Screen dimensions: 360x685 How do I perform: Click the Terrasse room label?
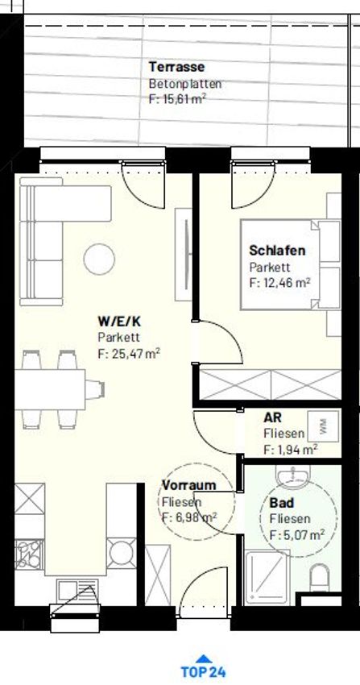176,67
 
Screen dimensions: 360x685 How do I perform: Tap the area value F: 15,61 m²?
178,99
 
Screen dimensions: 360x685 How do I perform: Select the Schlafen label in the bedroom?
277,251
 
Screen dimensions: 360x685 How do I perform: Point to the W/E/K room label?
119,322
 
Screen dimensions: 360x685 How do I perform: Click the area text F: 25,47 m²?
129,353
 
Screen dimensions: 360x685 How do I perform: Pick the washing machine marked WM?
323,426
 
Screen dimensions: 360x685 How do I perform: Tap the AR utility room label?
271,417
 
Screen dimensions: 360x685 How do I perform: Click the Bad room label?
281,502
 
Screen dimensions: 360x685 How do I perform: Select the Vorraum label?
189,485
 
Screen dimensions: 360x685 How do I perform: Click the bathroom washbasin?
293,475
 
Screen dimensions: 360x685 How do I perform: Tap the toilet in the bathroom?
320,578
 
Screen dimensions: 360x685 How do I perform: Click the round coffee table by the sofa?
100,259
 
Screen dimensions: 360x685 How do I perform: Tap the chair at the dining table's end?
95,389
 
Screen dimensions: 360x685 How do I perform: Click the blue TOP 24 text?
203,672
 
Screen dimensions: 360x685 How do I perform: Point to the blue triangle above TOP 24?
203,658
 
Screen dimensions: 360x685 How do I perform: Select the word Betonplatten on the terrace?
185,84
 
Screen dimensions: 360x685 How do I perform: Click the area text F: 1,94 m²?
290,449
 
